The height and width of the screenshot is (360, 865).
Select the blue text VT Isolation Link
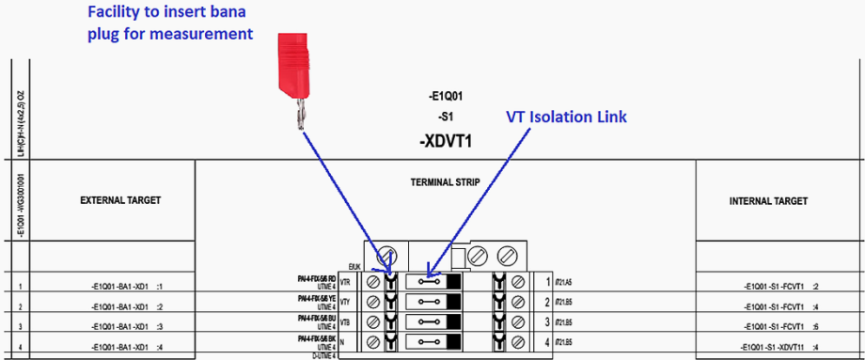tap(565, 117)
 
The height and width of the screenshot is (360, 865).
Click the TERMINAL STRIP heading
tap(445, 180)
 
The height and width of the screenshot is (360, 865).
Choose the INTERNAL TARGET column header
tap(768, 200)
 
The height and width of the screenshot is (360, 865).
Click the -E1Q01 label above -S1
tap(446, 96)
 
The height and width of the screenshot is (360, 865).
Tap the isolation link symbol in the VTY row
tap(429, 303)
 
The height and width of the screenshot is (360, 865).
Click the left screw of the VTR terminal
tap(373, 282)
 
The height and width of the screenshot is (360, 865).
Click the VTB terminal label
tap(346, 322)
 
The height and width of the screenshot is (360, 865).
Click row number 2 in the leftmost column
tap(19, 306)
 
